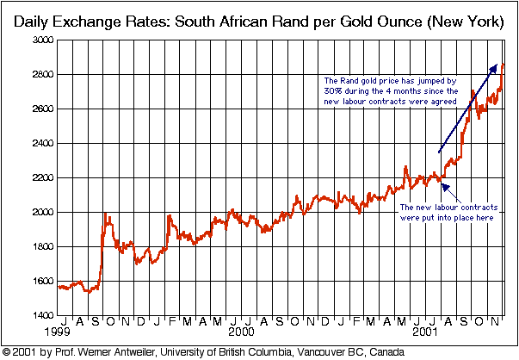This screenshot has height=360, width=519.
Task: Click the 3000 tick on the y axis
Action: point(40,41)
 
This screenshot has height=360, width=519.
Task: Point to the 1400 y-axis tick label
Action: point(40,315)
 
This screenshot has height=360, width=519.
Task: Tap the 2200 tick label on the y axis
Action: point(40,178)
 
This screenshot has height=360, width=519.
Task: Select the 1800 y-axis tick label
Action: point(40,246)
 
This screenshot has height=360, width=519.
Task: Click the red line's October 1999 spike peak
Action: point(105,214)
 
